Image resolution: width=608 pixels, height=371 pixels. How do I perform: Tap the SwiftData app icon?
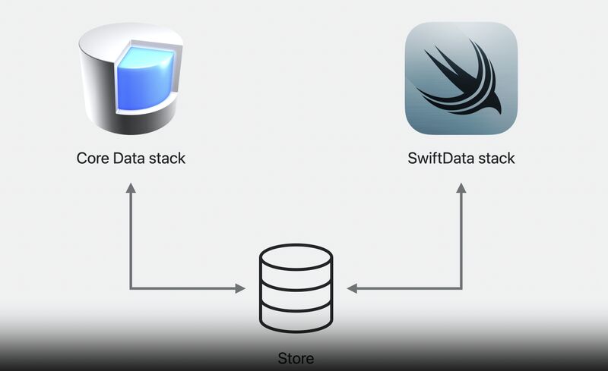461,78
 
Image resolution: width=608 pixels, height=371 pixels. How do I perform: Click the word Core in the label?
92,159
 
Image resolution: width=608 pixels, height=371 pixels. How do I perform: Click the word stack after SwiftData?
496,159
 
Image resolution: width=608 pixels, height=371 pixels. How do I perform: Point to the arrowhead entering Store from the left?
239,288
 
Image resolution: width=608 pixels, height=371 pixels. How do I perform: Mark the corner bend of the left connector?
130,288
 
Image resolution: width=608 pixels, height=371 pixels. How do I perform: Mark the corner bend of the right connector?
461,288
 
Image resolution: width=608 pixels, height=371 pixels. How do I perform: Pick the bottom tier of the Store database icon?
296,314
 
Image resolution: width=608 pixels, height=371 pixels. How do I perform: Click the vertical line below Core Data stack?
130,239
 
